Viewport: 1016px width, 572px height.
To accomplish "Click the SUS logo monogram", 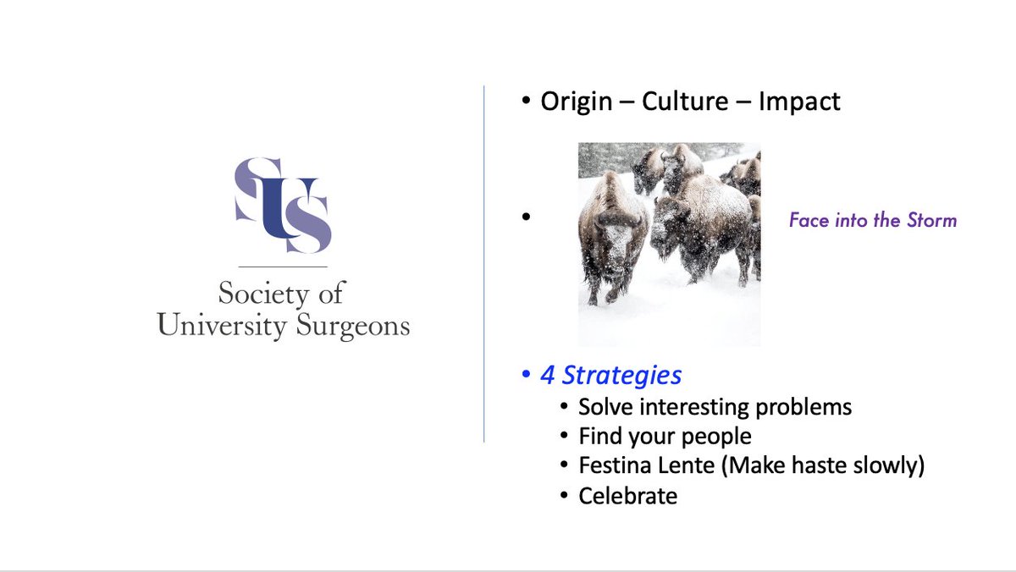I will pos(283,203).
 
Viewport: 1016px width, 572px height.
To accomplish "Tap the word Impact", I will pos(799,102).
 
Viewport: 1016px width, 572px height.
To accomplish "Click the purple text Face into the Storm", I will pos(872,221).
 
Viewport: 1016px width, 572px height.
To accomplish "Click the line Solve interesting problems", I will pos(715,407).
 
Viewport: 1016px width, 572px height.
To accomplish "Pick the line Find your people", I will pos(665,437).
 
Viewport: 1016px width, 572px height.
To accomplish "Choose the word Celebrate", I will pos(627,496).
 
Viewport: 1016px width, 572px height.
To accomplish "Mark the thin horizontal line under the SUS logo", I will pos(283,267).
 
